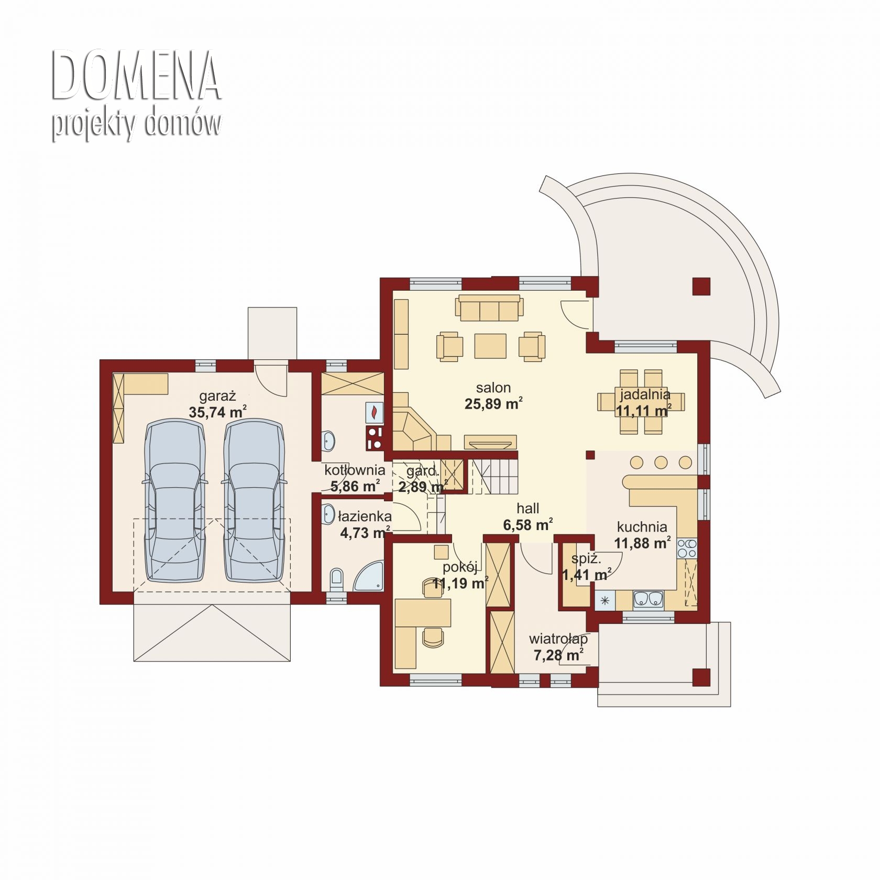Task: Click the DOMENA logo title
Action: [136, 76]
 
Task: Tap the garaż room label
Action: [217, 396]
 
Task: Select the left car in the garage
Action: [174, 500]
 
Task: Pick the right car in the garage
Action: [254, 500]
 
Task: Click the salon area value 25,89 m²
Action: [493, 404]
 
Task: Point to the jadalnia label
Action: [645, 394]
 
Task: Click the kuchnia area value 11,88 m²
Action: [642, 543]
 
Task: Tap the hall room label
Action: [527, 508]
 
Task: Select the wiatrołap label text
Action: [558, 639]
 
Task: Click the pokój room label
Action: [460, 567]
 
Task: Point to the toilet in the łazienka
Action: [337, 579]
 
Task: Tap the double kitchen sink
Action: [648, 598]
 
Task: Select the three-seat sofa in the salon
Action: [489, 307]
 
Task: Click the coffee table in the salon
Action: [490, 346]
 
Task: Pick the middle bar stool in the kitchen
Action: [661, 462]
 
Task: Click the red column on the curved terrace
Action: [701, 287]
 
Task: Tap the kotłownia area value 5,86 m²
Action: [355, 486]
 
